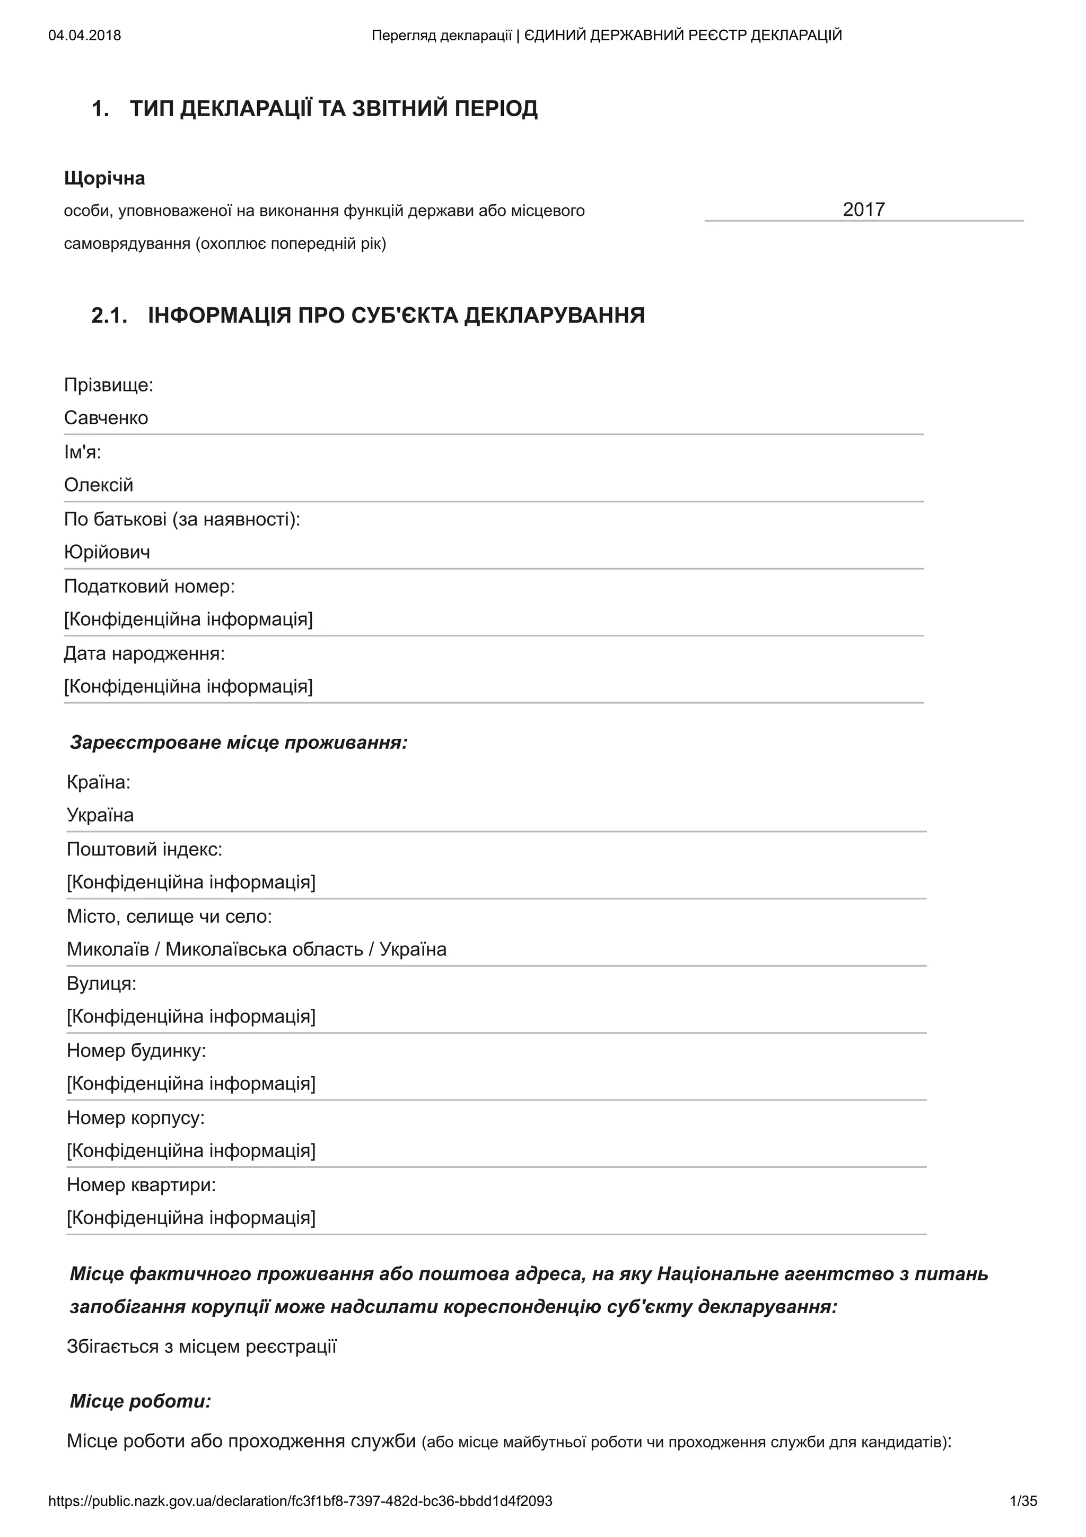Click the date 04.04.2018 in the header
coord(84,36)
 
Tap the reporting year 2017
coord(863,209)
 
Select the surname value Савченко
coord(106,418)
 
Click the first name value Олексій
coord(98,485)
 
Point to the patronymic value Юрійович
coord(107,552)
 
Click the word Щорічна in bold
coord(104,178)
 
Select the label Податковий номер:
coord(149,587)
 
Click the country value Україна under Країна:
coord(100,815)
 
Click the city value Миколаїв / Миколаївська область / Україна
coord(256,949)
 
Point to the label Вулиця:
coord(101,983)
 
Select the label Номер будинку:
coord(136,1050)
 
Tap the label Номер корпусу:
coord(136,1117)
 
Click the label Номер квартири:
coord(141,1185)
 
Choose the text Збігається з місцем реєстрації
coord(202,1346)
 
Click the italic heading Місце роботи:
coord(141,1401)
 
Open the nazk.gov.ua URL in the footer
coord(301,1501)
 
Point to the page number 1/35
coord(1023,1501)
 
